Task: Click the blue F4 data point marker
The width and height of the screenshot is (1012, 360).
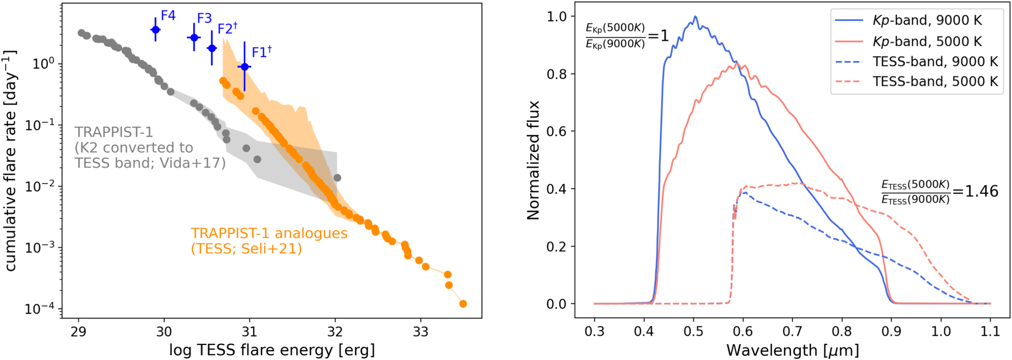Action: (x=155, y=30)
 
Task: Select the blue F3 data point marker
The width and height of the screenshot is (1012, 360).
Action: (x=194, y=37)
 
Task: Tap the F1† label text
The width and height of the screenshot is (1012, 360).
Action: (x=261, y=52)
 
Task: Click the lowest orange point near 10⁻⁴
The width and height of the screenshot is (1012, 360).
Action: (x=463, y=304)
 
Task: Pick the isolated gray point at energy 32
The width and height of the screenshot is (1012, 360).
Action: (x=337, y=178)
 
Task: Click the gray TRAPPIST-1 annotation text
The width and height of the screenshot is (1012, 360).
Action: (x=150, y=147)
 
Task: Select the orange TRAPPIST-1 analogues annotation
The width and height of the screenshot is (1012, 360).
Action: (x=269, y=241)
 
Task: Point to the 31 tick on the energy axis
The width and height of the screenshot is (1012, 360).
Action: (x=250, y=332)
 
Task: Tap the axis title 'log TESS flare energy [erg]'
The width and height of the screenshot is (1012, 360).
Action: (x=271, y=350)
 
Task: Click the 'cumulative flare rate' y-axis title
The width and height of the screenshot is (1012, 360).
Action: (x=10, y=161)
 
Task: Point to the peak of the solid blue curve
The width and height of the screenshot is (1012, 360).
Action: (x=695, y=17)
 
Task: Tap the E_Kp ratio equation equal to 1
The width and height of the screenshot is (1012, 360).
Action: (x=626, y=35)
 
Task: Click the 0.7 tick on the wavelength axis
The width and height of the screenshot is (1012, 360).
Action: (x=792, y=332)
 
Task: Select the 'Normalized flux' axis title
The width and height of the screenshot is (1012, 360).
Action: (x=533, y=160)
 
